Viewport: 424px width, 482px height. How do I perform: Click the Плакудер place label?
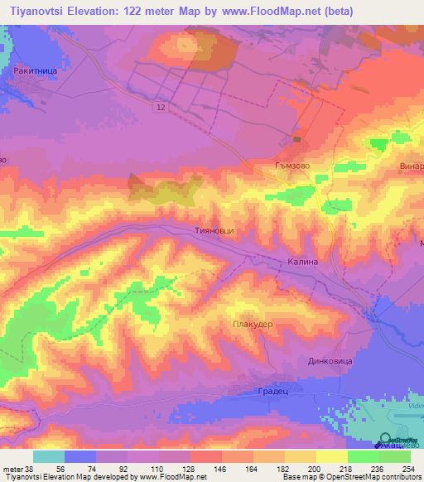click(x=253, y=325)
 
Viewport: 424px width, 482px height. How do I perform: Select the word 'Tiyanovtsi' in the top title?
click(x=37, y=12)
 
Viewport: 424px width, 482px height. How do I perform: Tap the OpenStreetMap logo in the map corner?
click(x=398, y=441)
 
